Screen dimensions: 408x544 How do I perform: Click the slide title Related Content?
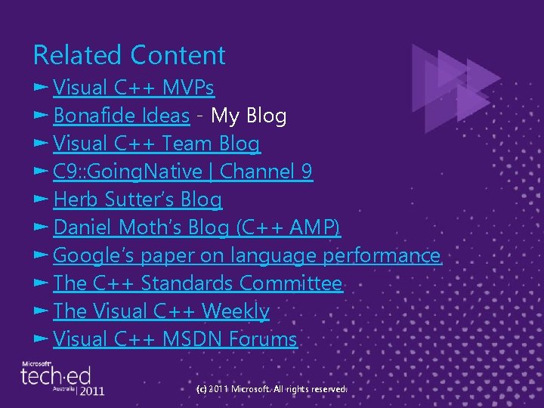tap(129, 55)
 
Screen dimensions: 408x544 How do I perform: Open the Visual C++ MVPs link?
tap(134, 88)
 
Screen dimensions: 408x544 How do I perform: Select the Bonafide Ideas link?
tap(121, 116)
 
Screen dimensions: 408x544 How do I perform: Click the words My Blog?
tap(249, 116)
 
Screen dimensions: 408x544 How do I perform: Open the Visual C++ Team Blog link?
tap(156, 144)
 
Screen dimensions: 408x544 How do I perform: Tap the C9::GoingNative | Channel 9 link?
tap(183, 172)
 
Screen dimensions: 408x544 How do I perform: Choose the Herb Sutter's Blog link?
tap(138, 199)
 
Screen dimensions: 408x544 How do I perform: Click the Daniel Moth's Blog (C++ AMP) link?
tap(197, 227)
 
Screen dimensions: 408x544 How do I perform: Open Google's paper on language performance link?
tap(247, 255)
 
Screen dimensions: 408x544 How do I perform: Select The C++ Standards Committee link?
tap(198, 283)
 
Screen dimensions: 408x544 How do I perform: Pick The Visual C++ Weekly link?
tap(161, 311)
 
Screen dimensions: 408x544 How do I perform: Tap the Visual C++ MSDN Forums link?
tap(175, 339)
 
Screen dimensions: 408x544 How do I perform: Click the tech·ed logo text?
tap(55, 376)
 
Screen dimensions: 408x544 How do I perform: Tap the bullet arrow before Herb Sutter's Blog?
tap(41, 199)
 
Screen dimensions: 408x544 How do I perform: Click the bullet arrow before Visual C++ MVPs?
tap(41, 88)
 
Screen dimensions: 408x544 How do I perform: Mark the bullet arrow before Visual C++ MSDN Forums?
tap(41, 339)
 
